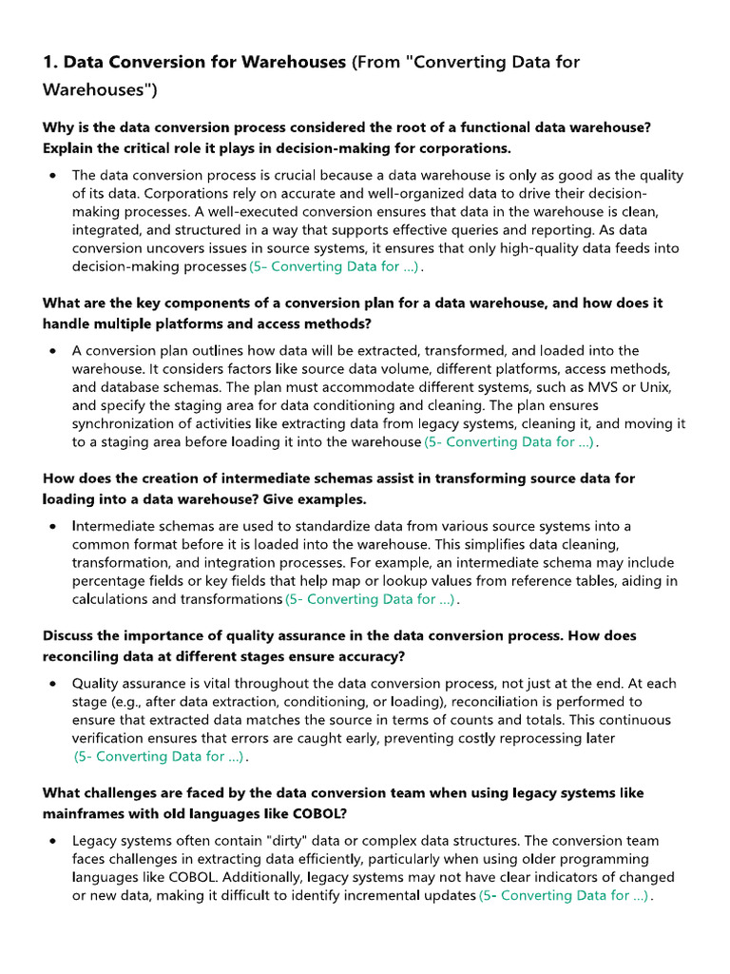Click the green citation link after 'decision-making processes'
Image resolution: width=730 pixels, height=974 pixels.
point(334,267)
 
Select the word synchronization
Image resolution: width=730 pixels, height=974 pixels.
point(129,423)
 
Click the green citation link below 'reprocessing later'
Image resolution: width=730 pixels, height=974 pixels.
point(160,757)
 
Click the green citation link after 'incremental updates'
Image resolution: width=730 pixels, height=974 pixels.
point(564,896)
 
